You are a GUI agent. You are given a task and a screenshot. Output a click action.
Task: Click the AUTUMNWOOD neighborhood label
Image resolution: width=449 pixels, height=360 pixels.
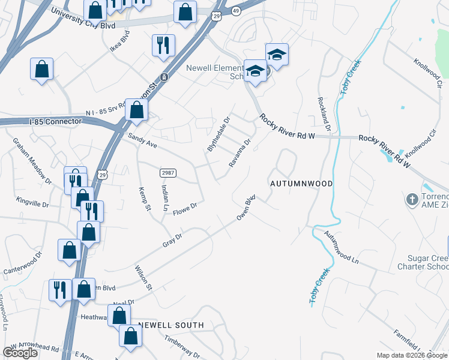(301, 182)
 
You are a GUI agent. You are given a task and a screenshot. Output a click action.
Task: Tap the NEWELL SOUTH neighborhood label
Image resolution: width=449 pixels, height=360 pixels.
(171, 325)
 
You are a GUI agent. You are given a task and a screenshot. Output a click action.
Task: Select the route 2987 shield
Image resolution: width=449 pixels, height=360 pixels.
(167, 173)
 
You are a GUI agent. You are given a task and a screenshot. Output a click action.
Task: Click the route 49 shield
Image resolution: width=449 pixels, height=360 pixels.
(235, 11)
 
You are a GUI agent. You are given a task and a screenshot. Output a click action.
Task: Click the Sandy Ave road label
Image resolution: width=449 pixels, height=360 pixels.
(142, 140)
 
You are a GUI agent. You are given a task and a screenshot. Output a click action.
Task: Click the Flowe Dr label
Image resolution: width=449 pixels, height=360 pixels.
(185, 210)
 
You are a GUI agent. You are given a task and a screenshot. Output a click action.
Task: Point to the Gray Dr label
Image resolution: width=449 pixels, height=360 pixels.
(172, 241)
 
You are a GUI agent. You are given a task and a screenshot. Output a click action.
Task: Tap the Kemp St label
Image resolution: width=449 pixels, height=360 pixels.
(143, 197)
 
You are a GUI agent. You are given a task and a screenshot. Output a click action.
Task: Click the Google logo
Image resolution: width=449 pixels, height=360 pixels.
(20, 352)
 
